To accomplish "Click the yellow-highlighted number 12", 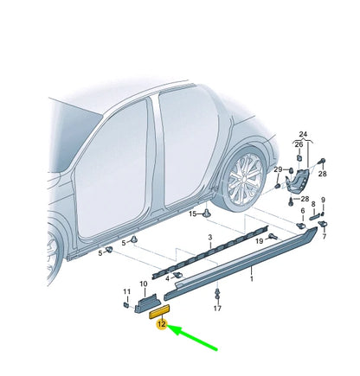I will point(160,324).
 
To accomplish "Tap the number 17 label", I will point(217,308).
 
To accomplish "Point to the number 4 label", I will point(166,277).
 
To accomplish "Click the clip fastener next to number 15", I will point(209,213).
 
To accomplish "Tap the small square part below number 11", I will point(126,304).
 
